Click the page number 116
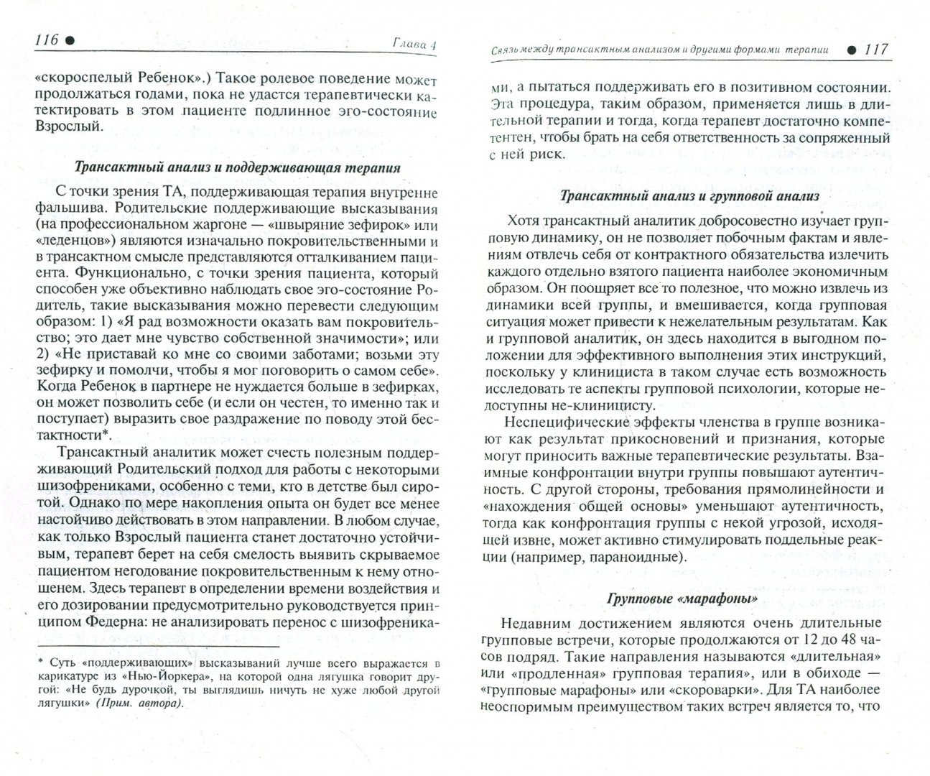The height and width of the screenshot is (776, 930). click(45, 41)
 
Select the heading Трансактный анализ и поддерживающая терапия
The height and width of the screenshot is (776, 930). click(238, 168)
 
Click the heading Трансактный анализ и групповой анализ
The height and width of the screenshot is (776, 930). click(688, 195)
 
